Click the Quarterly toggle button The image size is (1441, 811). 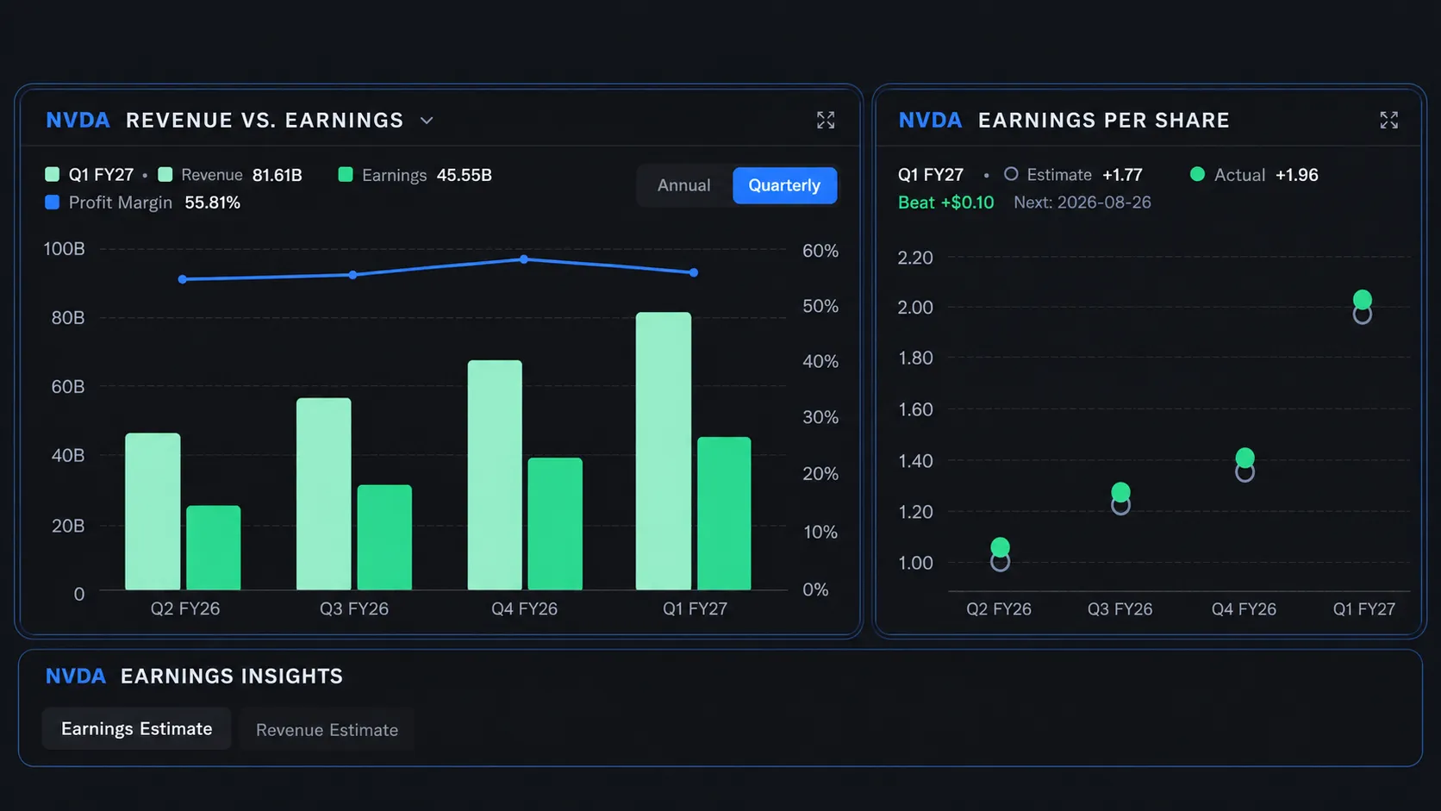(x=784, y=185)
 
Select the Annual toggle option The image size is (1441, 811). (x=683, y=185)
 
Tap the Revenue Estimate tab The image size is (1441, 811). (x=327, y=729)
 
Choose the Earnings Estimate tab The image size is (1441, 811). (x=136, y=728)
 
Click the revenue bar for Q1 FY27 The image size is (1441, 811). (x=664, y=451)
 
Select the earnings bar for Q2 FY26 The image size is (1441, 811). (x=214, y=547)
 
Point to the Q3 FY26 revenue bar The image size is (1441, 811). (x=323, y=494)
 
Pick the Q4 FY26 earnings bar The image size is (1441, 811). (x=555, y=523)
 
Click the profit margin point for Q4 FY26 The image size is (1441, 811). (x=524, y=259)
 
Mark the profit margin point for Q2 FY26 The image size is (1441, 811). (x=183, y=279)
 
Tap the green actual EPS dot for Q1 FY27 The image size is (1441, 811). (x=1362, y=299)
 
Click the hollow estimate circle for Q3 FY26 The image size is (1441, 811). (x=1120, y=506)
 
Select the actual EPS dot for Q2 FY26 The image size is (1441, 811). (x=1000, y=547)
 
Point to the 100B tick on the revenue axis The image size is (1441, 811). (x=64, y=249)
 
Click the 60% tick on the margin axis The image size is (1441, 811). (x=820, y=251)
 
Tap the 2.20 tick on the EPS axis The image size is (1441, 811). (x=914, y=258)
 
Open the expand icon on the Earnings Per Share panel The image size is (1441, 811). (x=1389, y=121)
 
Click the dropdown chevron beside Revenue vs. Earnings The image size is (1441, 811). (x=427, y=121)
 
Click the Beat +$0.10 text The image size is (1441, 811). (x=945, y=203)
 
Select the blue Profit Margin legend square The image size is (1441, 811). (x=52, y=203)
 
